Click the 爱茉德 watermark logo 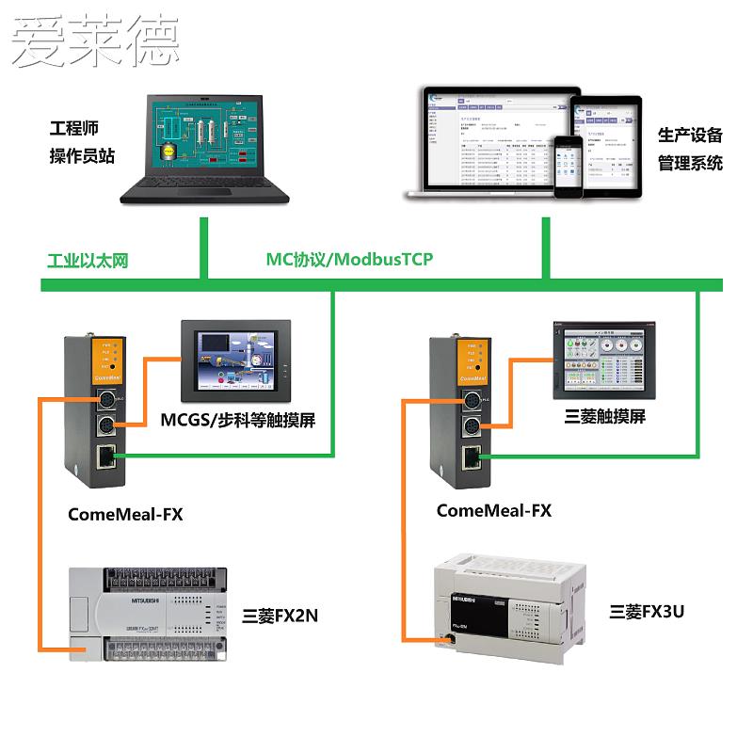coord(94,40)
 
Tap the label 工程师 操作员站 coord(81,142)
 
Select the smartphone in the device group coord(568,168)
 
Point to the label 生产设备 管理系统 coord(690,149)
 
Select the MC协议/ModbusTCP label coord(349,259)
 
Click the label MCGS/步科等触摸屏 coord(237,419)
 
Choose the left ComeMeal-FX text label coord(125,514)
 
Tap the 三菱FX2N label coord(280,617)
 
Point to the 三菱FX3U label coord(647,612)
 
